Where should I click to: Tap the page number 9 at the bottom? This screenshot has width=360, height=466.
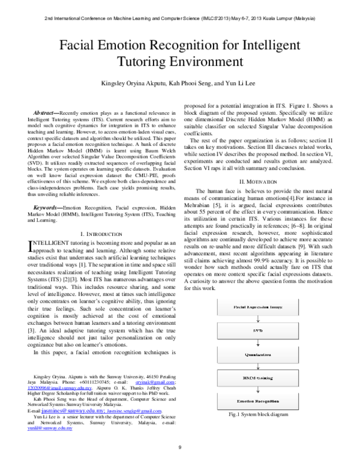tap(180, 447)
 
